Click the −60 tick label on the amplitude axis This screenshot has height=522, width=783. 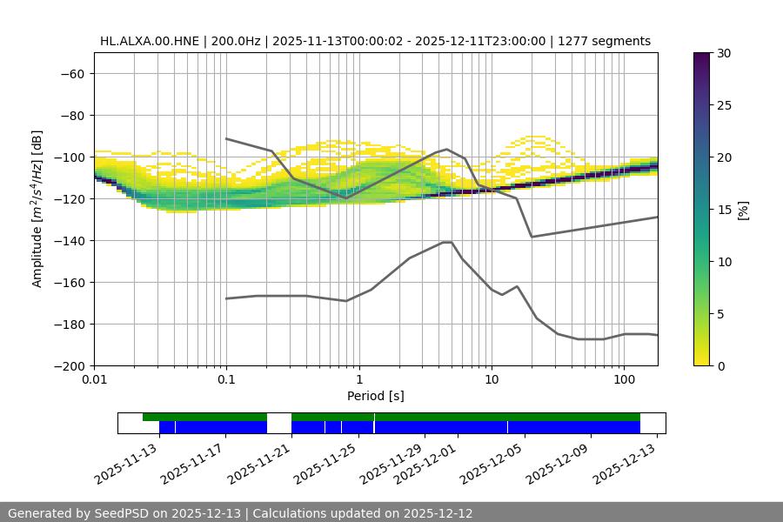(70, 74)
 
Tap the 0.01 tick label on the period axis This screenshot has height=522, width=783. (94, 380)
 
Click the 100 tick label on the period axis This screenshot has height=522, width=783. (624, 380)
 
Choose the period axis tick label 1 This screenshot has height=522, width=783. (359, 380)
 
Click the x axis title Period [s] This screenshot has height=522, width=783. (375, 396)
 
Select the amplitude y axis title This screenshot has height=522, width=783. (37, 209)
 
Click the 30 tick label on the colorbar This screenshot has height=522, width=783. (723, 53)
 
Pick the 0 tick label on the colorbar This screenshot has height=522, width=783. (719, 366)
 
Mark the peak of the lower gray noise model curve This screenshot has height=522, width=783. (447, 242)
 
